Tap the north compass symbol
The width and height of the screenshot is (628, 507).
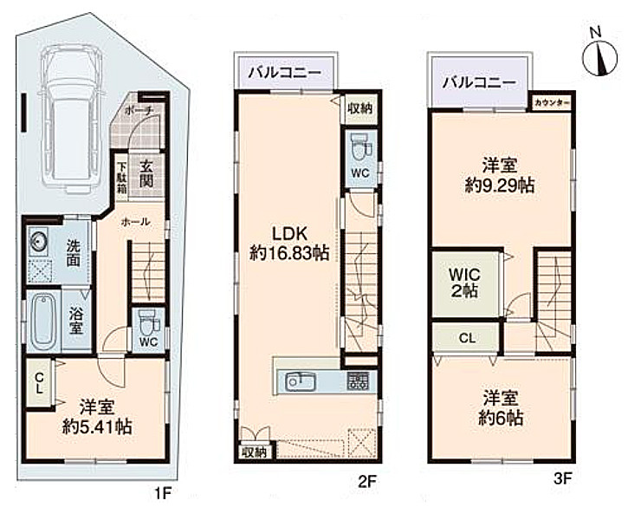point(599,57)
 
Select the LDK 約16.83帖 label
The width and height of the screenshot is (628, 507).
point(289,244)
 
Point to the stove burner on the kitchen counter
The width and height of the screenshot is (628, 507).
point(358,380)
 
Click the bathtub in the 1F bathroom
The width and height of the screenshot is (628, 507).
point(43,321)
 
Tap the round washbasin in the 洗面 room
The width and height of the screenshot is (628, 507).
point(38,243)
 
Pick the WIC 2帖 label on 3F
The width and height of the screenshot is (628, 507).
point(464,283)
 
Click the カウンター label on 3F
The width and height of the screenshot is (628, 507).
point(552,102)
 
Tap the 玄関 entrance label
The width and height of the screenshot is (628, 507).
point(146,173)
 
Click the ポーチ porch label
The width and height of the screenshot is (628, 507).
point(139,110)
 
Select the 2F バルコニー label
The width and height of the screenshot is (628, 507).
point(285,73)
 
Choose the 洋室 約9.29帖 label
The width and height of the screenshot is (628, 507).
point(500,176)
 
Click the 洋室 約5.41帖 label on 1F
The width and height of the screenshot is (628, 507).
point(97,417)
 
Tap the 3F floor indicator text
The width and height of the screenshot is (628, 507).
point(562,478)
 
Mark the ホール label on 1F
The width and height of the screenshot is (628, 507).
point(135,221)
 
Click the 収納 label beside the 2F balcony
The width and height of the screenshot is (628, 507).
point(359,108)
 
